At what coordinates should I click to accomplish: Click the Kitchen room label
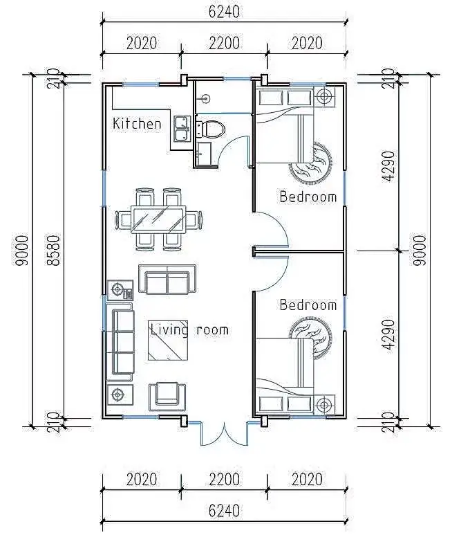coord(137,124)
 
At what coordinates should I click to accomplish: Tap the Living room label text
coord(189,329)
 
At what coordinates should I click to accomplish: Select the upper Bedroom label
coord(308,197)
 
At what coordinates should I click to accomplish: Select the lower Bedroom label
coord(308,305)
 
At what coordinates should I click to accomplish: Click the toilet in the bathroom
coord(210,129)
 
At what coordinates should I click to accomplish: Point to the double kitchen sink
coord(182,129)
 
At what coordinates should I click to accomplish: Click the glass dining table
coord(158,219)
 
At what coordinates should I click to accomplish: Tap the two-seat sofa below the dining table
coord(167,280)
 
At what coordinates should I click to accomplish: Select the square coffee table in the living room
coord(168,341)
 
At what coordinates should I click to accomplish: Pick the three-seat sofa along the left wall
coord(120,343)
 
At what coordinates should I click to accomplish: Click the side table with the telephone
coord(120,290)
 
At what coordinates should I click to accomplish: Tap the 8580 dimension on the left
coord(54,251)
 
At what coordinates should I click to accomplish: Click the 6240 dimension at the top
coord(224,12)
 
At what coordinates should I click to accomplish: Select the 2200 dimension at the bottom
coord(224,480)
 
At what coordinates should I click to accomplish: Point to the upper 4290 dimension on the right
coord(388,166)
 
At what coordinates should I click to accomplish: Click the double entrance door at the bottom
coord(224,433)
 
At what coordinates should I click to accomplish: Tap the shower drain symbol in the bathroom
coord(206,99)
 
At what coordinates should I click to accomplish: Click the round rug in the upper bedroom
coord(310,163)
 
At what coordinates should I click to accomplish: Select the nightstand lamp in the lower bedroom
coord(325,405)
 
